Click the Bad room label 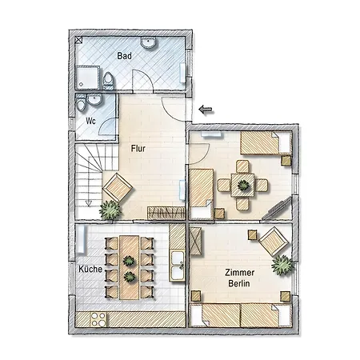tap(124, 56)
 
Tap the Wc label tap(90, 121)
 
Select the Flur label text tap(138, 149)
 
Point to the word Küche tap(90, 269)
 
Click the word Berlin tap(239, 283)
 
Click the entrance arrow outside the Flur tap(206, 109)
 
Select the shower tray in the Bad tap(87, 78)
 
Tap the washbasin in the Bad tap(148, 42)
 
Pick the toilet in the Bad tap(108, 80)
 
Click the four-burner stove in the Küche tap(98, 319)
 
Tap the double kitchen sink tap(178, 265)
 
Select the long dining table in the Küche tap(130, 267)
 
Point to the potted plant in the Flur tap(110, 210)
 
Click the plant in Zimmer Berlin tap(282, 265)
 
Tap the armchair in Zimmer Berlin tap(274, 242)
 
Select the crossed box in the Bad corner tap(78, 40)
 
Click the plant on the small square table tap(243, 185)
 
